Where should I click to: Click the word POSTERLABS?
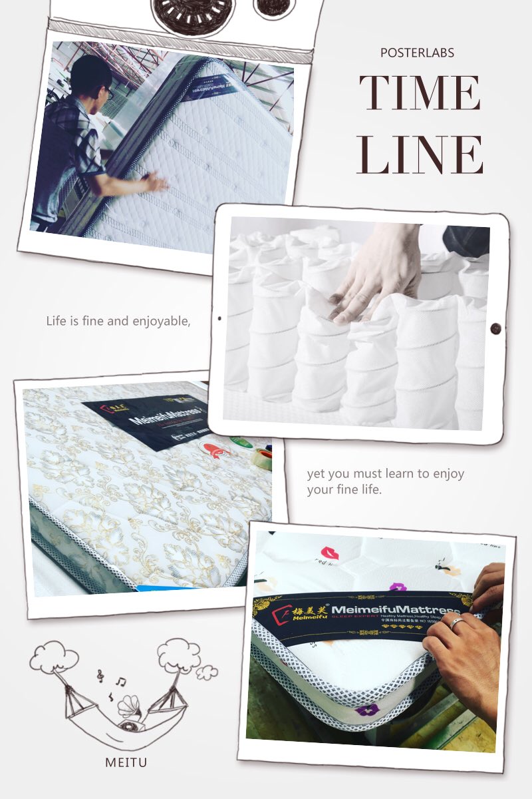[x=417, y=53]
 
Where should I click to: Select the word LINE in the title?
[x=420, y=154]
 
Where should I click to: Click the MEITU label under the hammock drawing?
[x=126, y=762]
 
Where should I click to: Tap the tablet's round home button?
[x=495, y=328]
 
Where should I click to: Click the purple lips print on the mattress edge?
[x=365, y=710]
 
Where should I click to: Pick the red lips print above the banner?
[x=329, y=552]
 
